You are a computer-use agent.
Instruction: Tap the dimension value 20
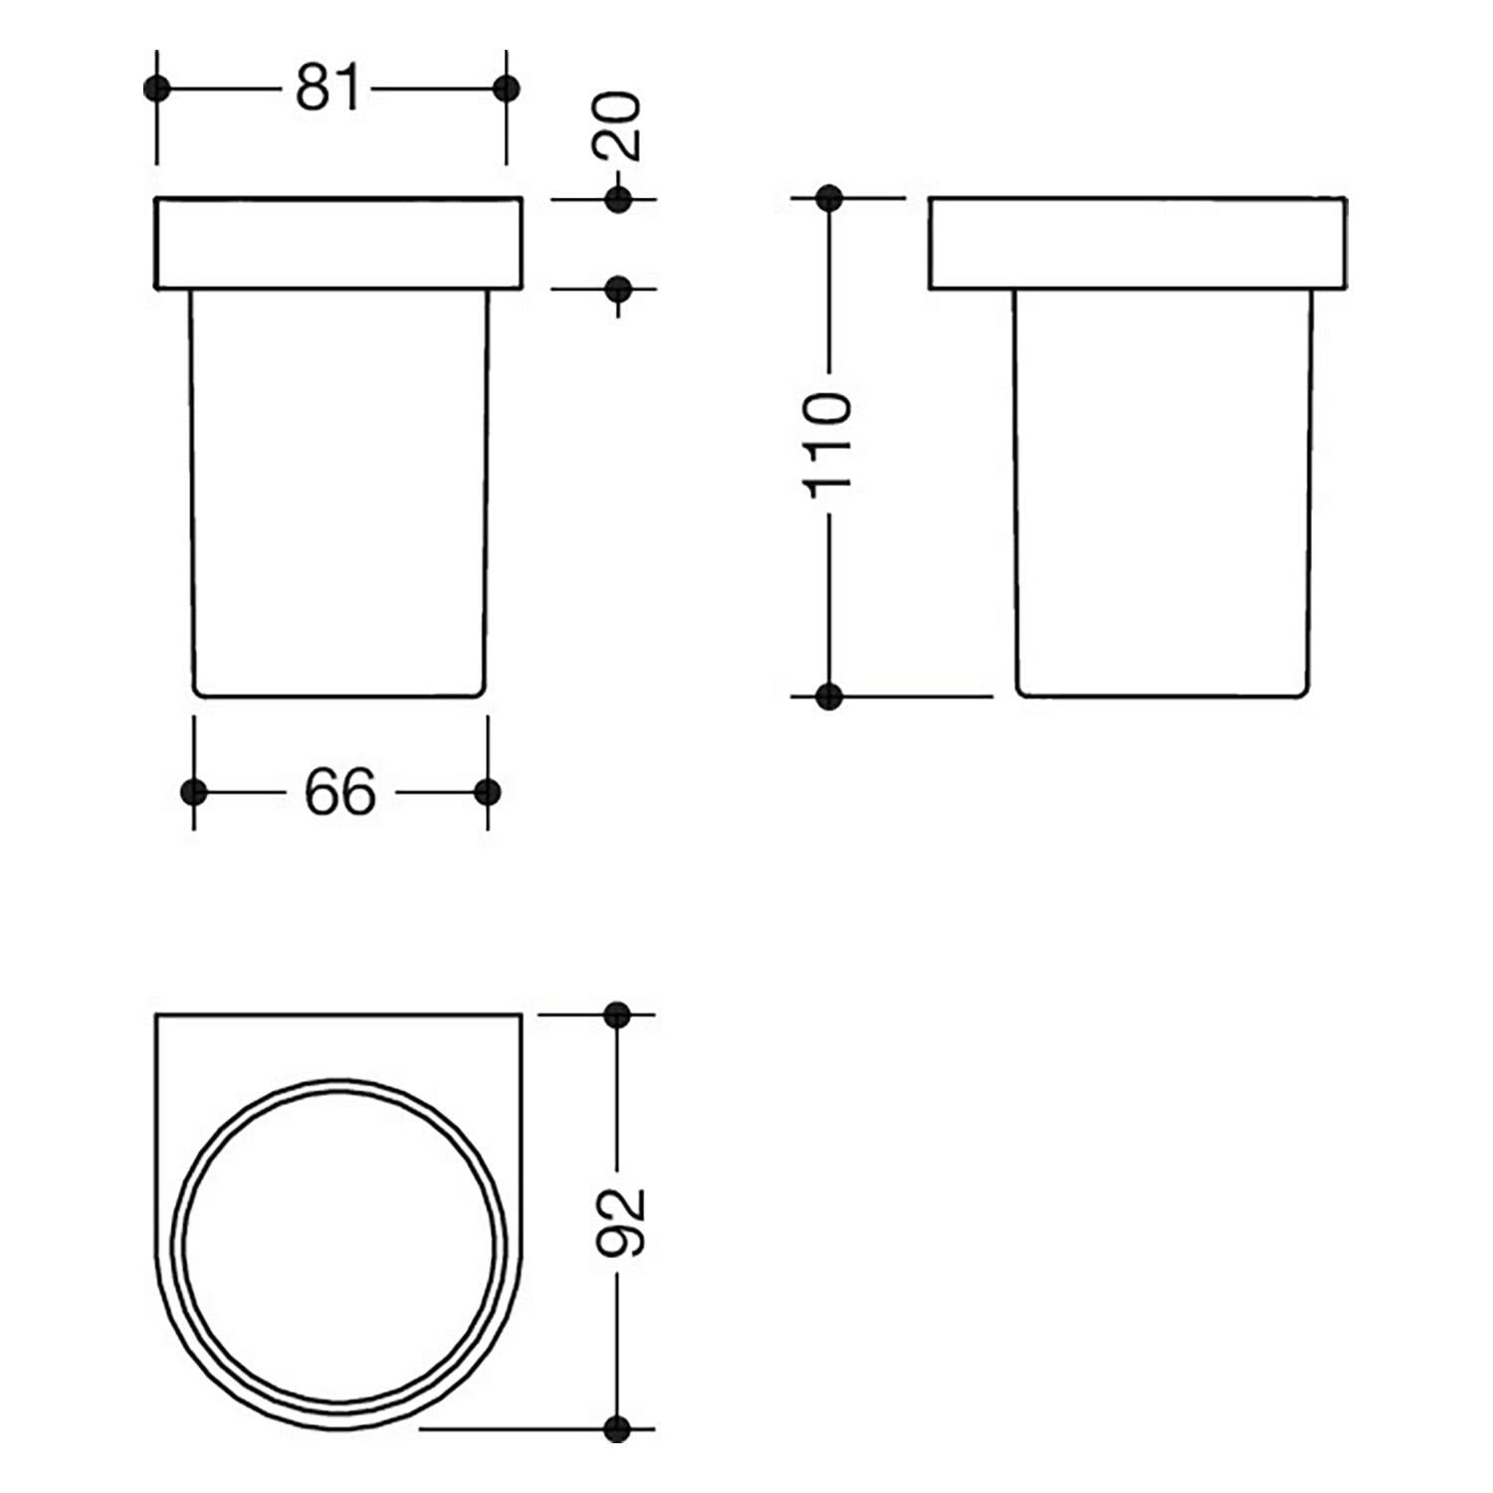[618, 126]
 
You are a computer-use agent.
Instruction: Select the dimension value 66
[340, 793]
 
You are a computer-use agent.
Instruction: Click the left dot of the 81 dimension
[157, 89]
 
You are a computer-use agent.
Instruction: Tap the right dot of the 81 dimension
[507, 89]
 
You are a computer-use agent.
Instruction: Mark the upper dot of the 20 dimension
[618, 199]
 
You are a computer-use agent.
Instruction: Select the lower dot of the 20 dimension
[618, 290]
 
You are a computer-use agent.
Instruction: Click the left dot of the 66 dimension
[194, 792]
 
